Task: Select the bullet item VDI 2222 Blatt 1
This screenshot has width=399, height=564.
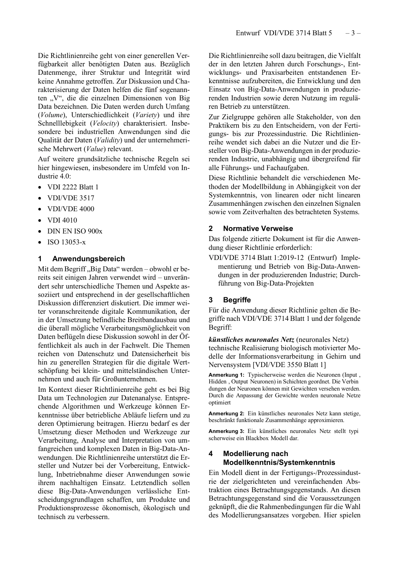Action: pos(73,187)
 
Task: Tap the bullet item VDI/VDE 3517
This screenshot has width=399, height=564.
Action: pos(71,198)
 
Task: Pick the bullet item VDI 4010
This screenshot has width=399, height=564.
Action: pos(62,220)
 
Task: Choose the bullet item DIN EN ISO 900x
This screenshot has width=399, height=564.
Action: pos(75,231)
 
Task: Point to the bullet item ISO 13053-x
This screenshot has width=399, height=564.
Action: pos(66,242)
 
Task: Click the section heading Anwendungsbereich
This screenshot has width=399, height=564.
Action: pos(88,259)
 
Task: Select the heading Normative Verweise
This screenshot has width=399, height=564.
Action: pos(258,229)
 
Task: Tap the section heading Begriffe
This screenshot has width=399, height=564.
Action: pos(237,300)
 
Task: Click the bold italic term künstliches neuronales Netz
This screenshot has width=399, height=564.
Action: pos(251,339)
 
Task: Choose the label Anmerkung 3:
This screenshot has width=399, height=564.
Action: pos(226,431)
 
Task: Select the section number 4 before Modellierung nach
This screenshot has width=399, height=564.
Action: pos(211,454)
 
